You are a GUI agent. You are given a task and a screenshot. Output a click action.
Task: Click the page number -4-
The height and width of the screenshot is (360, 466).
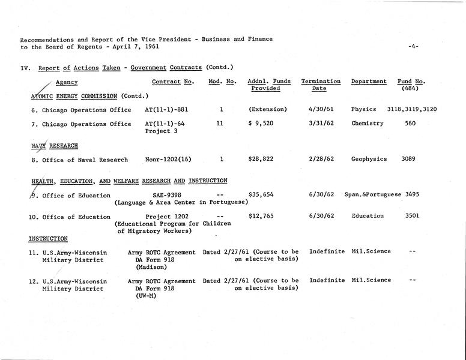point(413,46)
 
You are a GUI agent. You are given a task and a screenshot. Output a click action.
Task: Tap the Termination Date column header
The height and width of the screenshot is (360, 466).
point(321,85)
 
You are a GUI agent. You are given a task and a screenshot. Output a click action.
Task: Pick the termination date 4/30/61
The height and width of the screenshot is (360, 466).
point(321,110)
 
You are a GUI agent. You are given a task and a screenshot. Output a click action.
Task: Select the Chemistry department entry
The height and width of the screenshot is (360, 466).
point(368,124)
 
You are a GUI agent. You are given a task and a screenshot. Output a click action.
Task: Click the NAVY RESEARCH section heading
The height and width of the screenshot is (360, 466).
point(54,146)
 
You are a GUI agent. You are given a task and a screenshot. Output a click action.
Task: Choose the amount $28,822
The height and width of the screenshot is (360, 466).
point(261,160)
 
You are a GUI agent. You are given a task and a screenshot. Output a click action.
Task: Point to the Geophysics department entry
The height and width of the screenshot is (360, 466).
point(369,160)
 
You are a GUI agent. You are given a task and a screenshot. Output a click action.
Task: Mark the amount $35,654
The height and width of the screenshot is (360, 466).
point(261,196)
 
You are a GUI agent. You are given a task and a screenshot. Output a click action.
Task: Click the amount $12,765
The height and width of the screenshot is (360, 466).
point(261,216)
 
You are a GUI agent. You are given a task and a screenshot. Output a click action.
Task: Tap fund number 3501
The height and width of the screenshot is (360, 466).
point(413,216)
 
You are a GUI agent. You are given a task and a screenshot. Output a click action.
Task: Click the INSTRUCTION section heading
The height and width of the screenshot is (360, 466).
point(49,239)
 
